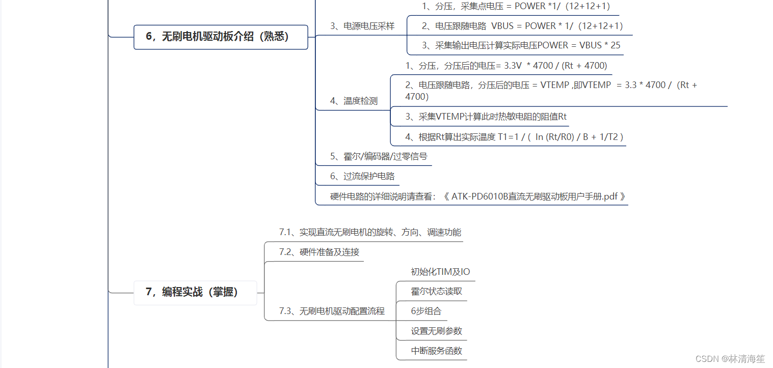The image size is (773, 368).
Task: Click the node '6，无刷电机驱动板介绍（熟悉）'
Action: click(x=221, y=37)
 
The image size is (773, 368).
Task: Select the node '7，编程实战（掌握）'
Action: click(x=195, y=292)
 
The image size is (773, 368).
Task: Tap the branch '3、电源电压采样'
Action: click(x=362, y=26)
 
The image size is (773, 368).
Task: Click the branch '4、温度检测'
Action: click(x=354, y=101)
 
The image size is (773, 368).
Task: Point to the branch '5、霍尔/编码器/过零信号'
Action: click(x=378, y=156)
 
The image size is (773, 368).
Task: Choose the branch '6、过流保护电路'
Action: click(x=362, y=176)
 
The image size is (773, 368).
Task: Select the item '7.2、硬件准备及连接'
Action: click(x=319, y=252)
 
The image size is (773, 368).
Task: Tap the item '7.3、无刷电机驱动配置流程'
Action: click(x=332, y=311)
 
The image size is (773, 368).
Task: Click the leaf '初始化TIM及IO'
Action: click(x=440, y=272)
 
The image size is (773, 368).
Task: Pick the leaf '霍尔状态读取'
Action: click(x=436, y=292)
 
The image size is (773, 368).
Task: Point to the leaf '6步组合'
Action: click(x=426, y=311)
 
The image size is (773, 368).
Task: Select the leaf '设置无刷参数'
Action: click(x=436, y=331)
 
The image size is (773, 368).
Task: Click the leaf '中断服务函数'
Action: click(x=436, y=351)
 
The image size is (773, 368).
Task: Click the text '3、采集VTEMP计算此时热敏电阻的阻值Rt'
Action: click(x=486, y=117)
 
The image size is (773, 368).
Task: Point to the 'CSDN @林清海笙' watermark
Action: click(x=730, y=358)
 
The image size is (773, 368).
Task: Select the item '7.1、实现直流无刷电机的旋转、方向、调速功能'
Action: click(x=370, y=232)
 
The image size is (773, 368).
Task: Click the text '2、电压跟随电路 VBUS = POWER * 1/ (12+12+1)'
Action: click(x=522, y=26)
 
